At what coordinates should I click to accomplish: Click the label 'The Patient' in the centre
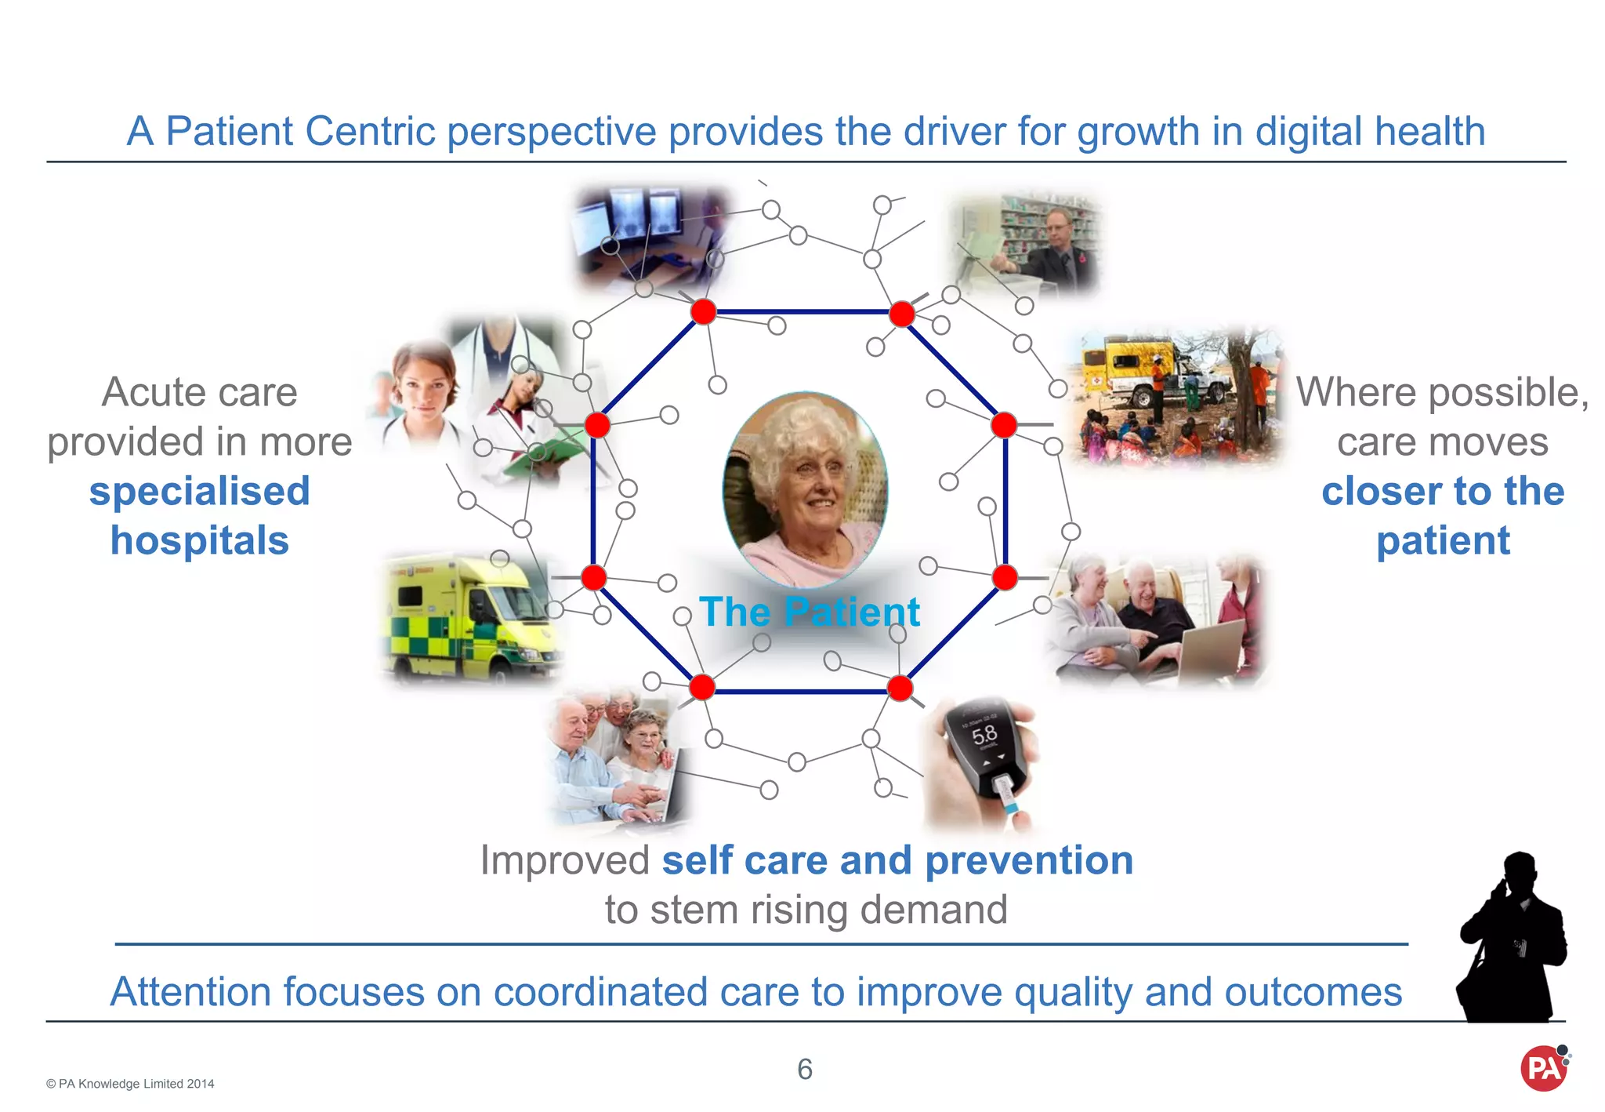(810, 612)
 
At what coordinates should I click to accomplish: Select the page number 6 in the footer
(805, 1069)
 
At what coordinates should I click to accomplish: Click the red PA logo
(1543, 1068)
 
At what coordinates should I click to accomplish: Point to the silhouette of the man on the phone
(1510, 941)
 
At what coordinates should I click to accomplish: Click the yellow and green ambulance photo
(470, 620)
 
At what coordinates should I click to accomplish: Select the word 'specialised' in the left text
(200, 492)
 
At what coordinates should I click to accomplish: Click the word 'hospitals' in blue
(200, 541)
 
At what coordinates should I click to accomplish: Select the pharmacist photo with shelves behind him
(1027, 243)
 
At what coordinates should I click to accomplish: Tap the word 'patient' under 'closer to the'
(1443, 541)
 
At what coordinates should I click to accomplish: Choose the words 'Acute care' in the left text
(200, 392)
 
